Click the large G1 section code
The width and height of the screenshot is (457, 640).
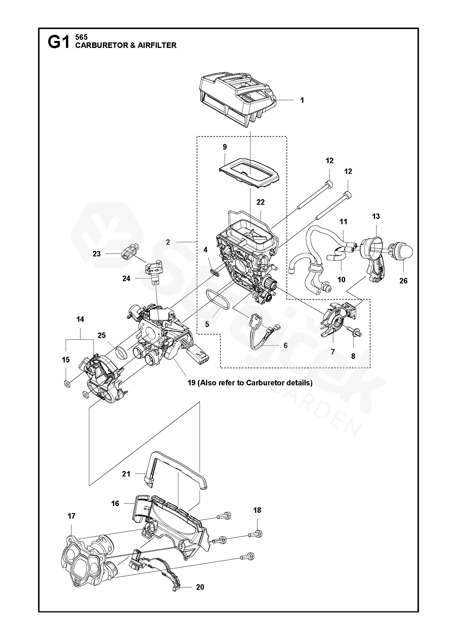pos(59,43)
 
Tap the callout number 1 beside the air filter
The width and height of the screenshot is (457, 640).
pos(302,100)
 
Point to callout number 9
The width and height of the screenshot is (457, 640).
pos(225,147)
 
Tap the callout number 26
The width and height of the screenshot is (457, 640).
pos(403,281)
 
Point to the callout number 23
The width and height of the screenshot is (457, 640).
pos(96,254)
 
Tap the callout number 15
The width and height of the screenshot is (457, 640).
pos(66,360)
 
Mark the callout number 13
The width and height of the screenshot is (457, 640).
pos(376,216)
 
